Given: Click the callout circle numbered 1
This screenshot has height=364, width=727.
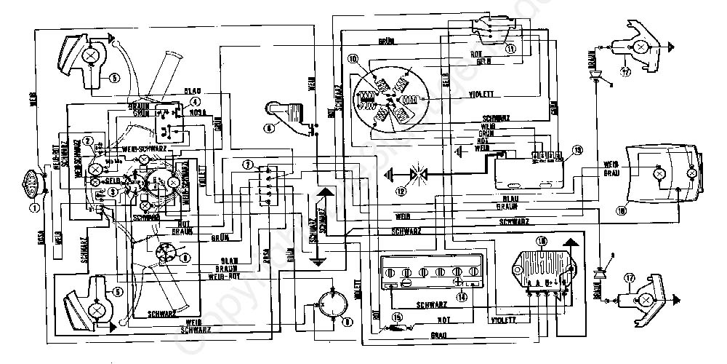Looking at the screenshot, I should [x=33, y=206].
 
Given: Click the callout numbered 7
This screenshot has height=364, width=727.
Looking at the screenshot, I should [x=248, y=166].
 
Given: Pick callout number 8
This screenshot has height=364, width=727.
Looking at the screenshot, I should [x=186, y=257].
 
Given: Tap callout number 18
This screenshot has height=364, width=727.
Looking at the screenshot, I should [x=621, y=211].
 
